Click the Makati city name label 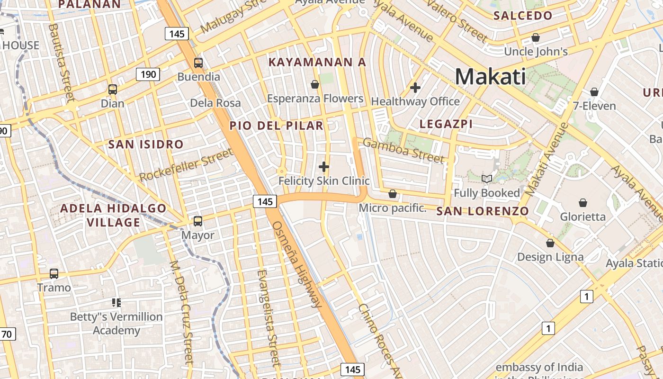click(491, 76)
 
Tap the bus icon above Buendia click(198, 63)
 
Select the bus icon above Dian click(113, 89)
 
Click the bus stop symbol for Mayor click(198, 221)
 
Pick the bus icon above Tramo click(54, 273)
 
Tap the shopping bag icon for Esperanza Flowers click(315, 84)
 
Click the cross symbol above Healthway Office click(415, 87)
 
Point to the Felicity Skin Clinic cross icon click(324, 167)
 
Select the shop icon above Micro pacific click(393, 194)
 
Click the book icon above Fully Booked click(487, 179)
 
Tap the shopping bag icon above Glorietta click(583, 202)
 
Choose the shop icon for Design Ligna click(550, 243)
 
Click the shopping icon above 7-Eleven click(594, 92)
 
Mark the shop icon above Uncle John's click(536, 37)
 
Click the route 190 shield click(148, 74)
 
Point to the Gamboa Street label click(404, 150)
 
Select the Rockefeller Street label click(186, 164)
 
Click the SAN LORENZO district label click(483, 211)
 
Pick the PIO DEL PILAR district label click(277, 126)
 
